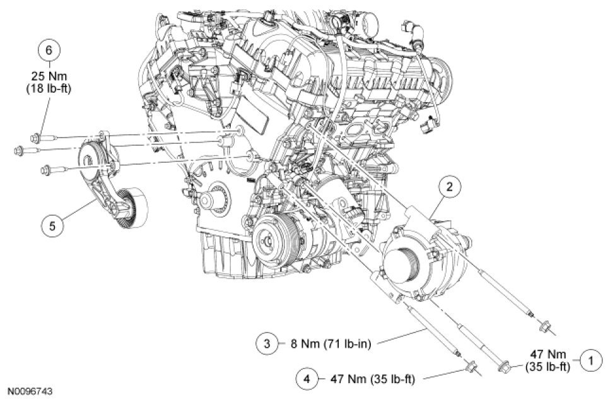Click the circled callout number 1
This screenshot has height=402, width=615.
(591, 360)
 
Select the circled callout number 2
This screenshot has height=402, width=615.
(450, 186)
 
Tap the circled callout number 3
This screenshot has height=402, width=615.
(267, 344)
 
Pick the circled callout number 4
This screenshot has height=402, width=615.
(307, 379)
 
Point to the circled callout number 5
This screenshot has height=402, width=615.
(52, 225)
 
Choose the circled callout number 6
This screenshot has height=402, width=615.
(49, 50)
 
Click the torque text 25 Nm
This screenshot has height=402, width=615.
(49, 76)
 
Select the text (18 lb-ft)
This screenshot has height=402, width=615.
(49, 89)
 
